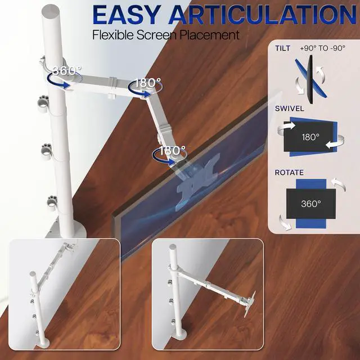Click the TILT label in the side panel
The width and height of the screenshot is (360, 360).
pyautogui.click(x=283, y=48)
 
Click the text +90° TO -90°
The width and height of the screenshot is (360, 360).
pyautogui.click(x=323, y=48)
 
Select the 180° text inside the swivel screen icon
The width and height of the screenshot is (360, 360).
pyautogui.click(x=309, y=137)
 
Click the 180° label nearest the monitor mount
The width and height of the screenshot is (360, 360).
pyautogui.click(x=172, y=151)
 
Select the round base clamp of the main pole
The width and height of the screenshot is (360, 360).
pyautogui.click(x=70, y=229)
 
